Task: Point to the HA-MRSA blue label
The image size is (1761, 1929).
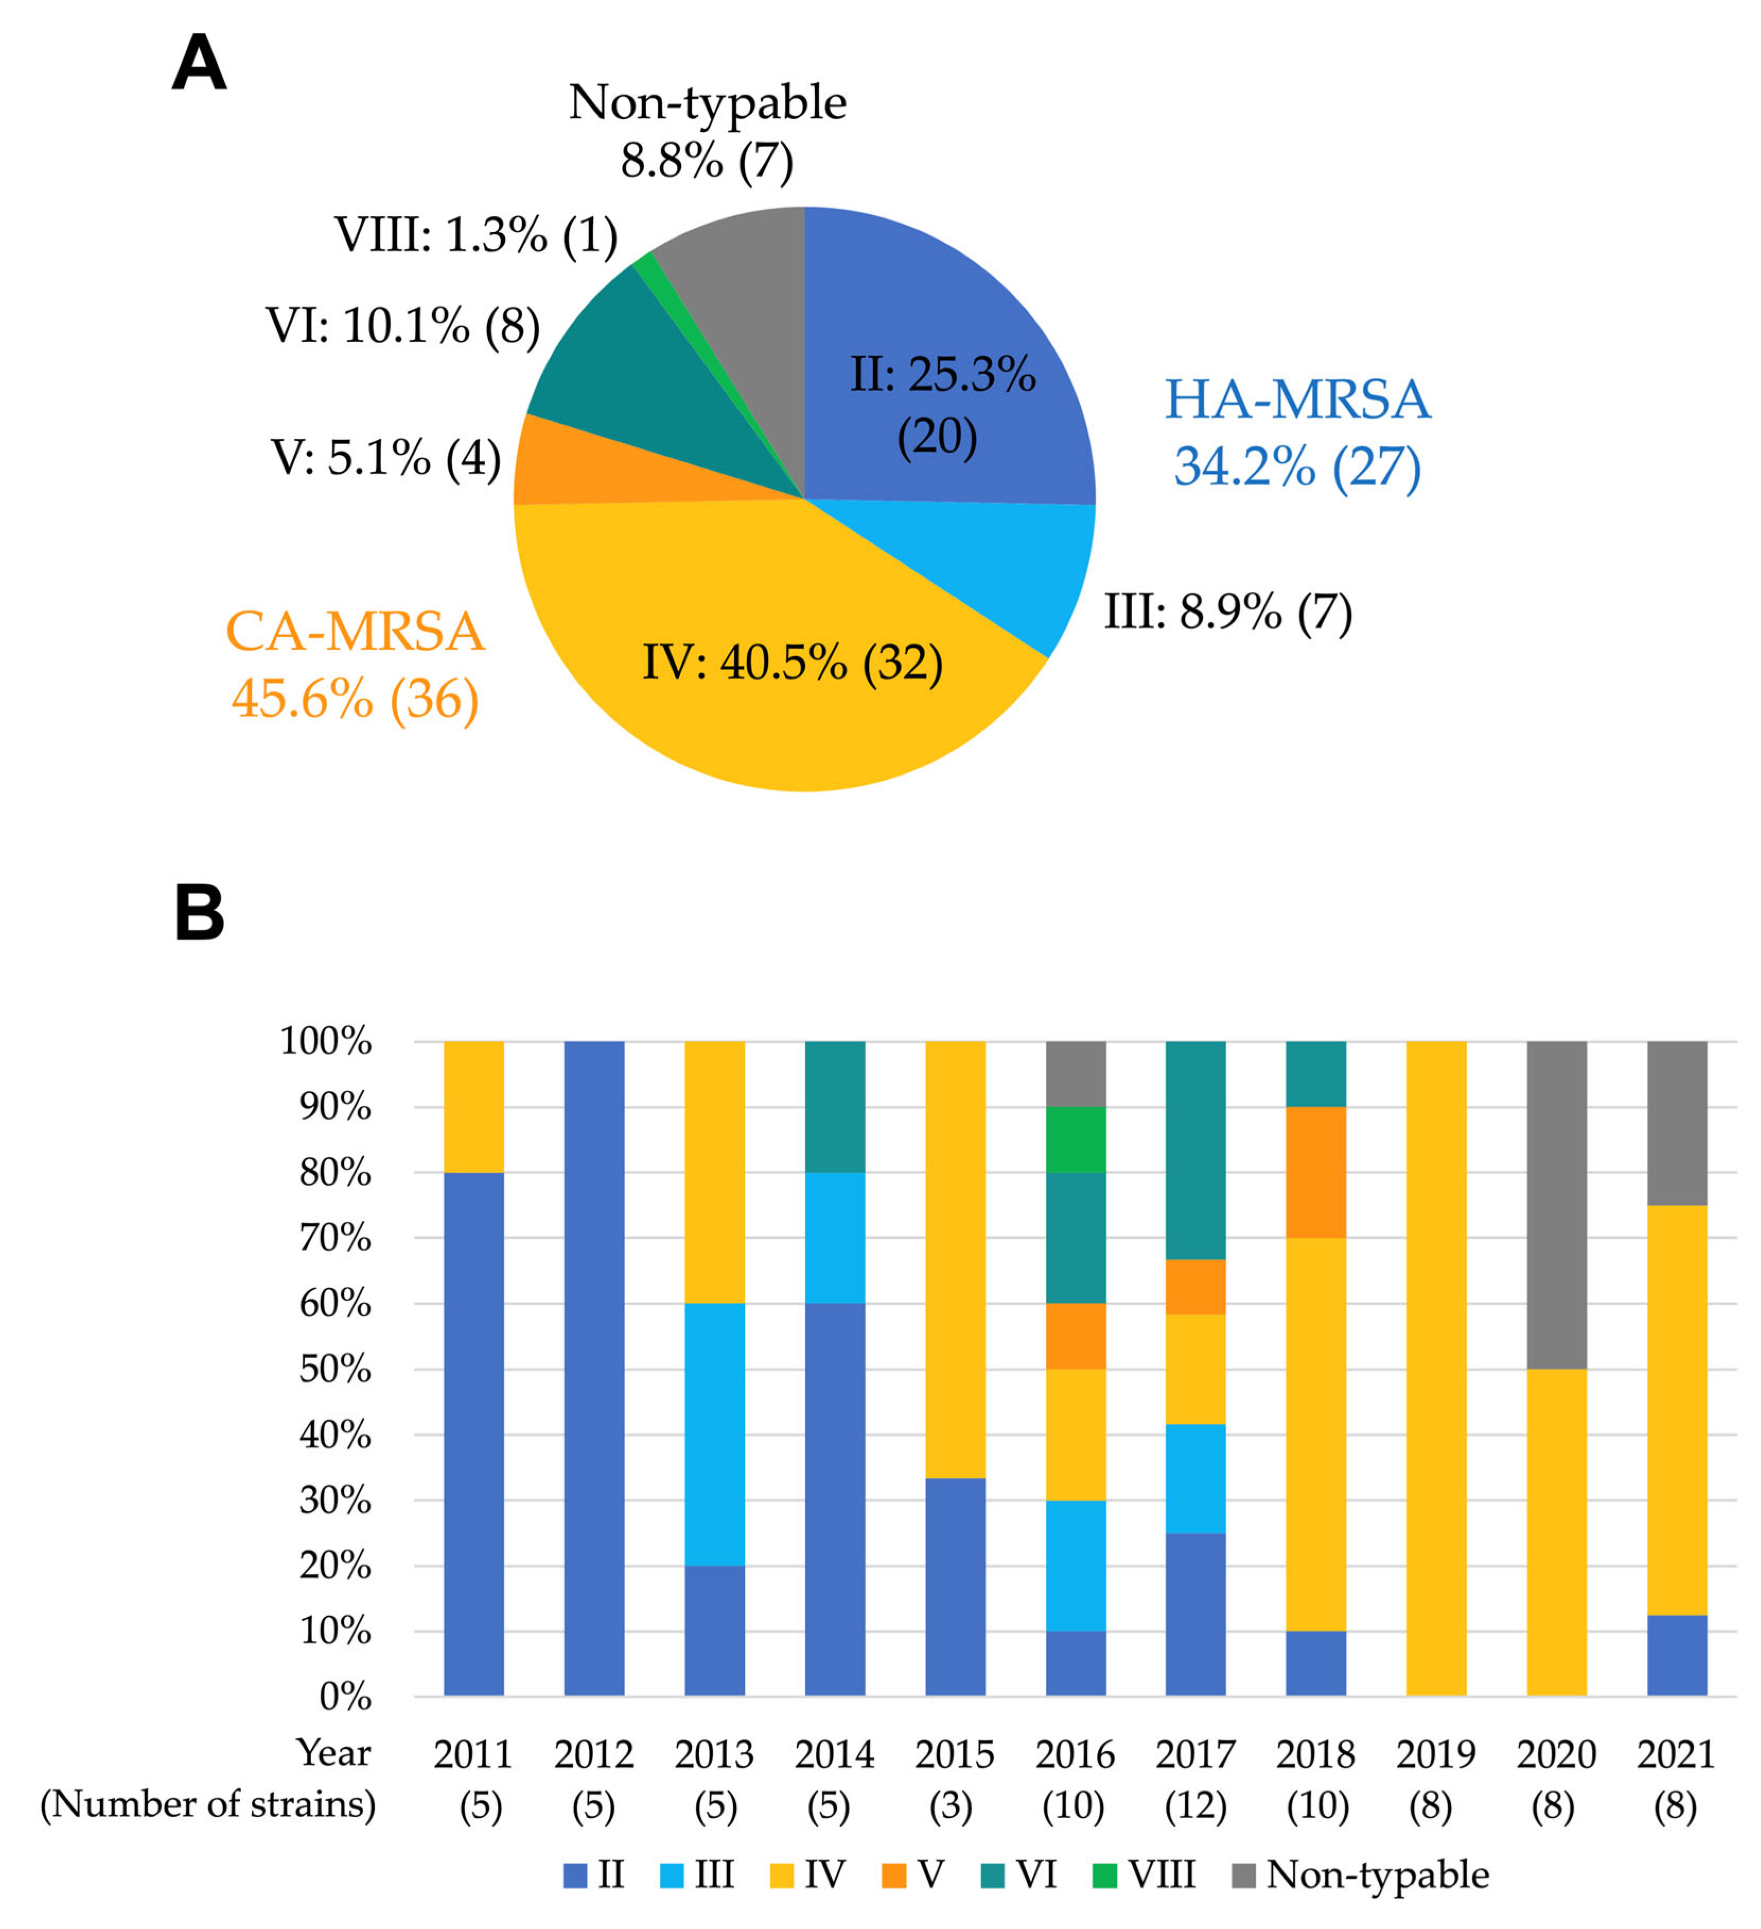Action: point(1297,433)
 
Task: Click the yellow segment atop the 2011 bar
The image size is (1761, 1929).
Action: point(474,1106)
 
